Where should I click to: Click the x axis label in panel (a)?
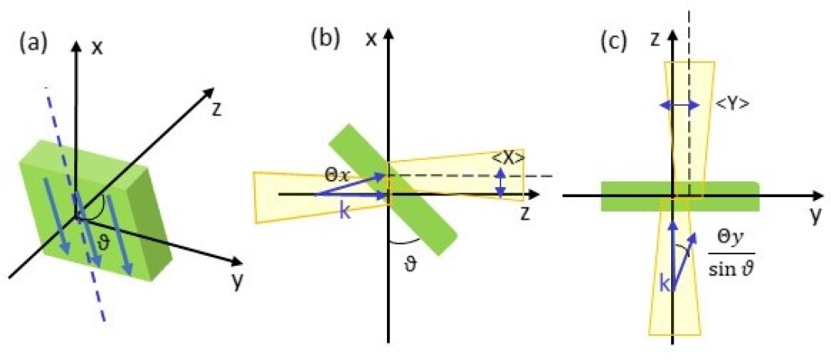pyautogui.click(x=97, y=47)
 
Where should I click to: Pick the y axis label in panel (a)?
pyautogui.click(x=237, y=283)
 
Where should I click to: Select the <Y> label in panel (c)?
pyautogui.click(x=731, y=104)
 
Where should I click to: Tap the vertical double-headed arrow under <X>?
pyautogui.click(x=502, y=182)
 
